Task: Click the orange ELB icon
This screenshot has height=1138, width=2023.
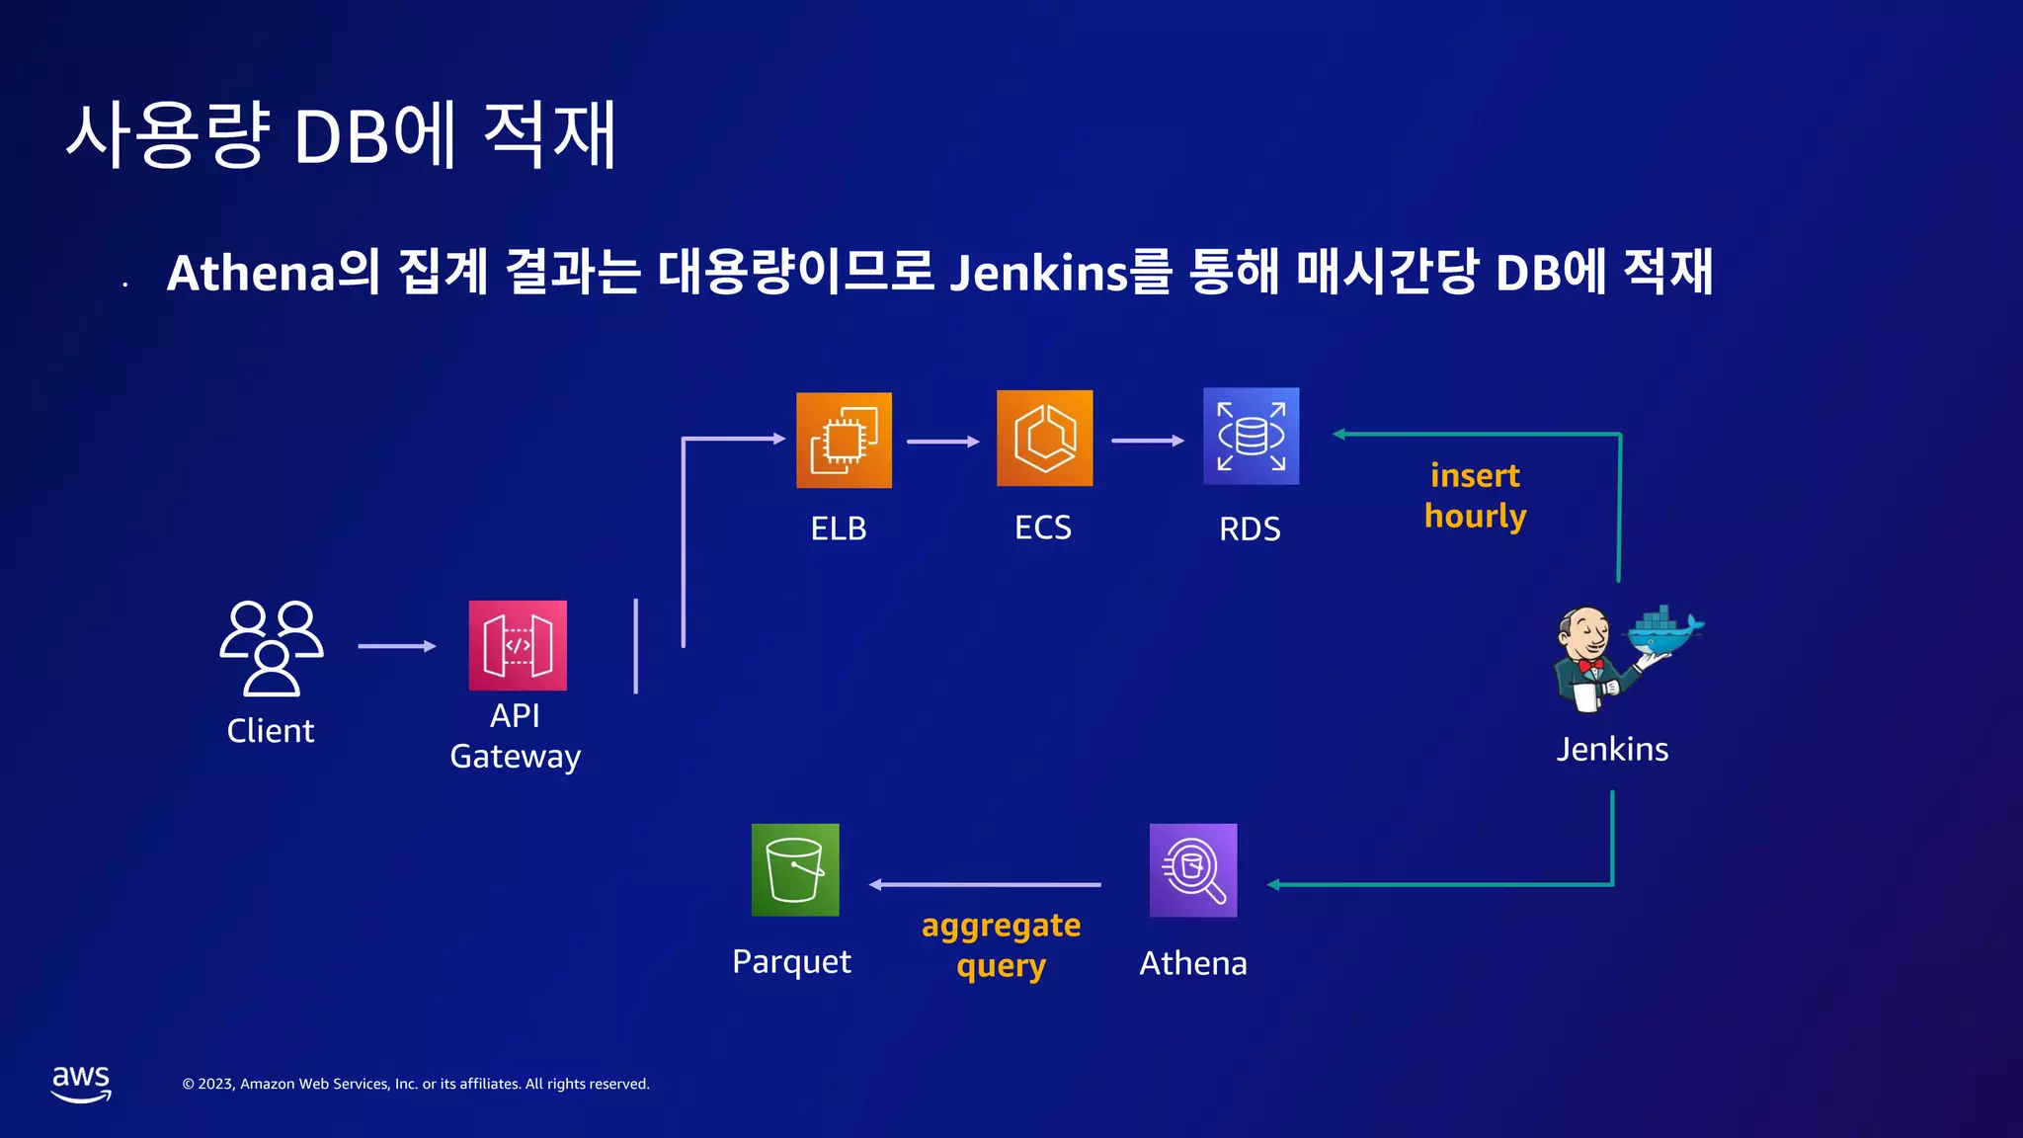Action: [x=844, y=440]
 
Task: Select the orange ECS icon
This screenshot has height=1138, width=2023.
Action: [x=1044, y=438]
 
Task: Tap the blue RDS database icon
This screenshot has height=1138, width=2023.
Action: [x=1251, y=436]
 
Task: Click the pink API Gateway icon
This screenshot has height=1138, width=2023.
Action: [x=518, y=645]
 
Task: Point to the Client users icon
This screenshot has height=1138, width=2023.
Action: [x=271, y=647]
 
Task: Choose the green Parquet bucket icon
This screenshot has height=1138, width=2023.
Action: [x=795, y=869]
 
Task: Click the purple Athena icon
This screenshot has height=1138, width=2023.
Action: [x=1193, y=869]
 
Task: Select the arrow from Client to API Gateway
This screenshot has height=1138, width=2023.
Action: [x=396, y=646]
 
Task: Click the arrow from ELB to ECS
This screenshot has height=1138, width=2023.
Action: [x=942, y=442]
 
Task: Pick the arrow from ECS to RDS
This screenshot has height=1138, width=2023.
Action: [x=1147, y=441]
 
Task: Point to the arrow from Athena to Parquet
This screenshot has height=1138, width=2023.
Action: [x=985, y=884]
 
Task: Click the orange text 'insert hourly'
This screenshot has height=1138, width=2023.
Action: [x=1475, y=496]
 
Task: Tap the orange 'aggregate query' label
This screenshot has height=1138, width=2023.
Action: [x=1001, y=945]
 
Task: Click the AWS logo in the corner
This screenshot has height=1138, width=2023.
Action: [x=81, y=1083]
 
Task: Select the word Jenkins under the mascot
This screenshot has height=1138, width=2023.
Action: [x=1612, y=749]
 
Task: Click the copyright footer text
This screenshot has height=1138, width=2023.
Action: [x=416, y=1084]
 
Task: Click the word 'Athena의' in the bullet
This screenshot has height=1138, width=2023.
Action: [x=273, y=272]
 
